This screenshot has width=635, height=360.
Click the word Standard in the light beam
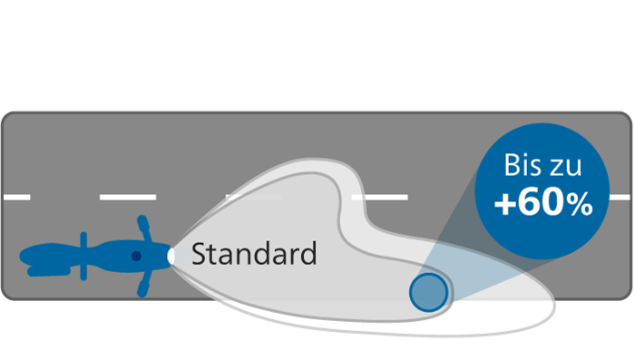[254, 254]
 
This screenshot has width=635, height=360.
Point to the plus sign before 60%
[505, 205]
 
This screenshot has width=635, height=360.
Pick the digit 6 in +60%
[529, 204]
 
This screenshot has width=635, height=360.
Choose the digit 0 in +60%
[552, 204]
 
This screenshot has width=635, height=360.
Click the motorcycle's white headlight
[171, 256]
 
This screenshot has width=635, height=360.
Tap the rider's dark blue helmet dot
[136, 257]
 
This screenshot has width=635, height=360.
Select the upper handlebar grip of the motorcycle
[143, 223]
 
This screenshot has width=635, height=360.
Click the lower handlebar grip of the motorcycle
[142, 289]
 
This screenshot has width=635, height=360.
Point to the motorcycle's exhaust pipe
[49, 271]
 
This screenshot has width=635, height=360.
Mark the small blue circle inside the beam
[428, 292]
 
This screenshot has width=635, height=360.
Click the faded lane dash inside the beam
[254, 197]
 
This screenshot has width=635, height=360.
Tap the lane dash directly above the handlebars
[128, 197]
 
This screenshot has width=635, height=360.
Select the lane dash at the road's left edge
[17, 197]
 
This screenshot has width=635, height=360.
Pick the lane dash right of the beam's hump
[379, 197]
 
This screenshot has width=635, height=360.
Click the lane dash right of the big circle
[620, 197]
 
